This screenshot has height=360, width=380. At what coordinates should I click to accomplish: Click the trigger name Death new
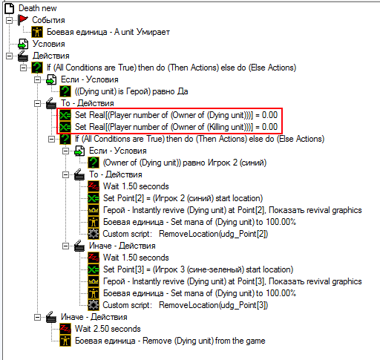(x=38, y=8)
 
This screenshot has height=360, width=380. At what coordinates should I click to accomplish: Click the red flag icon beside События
(x=23, y=20)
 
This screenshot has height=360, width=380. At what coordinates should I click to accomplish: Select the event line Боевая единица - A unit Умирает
(x=108, y=32)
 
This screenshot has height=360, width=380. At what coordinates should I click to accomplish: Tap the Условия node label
(x=49, y=44)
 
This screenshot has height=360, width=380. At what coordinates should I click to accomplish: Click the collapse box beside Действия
(x=9, y=56)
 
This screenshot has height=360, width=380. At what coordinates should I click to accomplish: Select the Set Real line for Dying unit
(x=176, y=115)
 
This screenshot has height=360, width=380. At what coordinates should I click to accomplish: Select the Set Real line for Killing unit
(x=176, y=127)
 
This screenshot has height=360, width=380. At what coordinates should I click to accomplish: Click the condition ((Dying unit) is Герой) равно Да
(x=131, y=91)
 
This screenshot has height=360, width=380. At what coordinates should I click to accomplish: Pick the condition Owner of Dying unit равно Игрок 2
(x=185, y=163)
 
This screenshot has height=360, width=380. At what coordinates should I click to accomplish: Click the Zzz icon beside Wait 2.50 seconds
(x=65, y=329)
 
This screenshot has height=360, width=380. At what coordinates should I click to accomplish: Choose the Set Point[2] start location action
(x=183, y=198)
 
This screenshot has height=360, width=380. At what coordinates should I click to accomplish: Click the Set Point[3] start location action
(x=198, y=269)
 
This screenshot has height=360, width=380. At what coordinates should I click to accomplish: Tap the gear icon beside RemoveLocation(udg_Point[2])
(x=94, y=234)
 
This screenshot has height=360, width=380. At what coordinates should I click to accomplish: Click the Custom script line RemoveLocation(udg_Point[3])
(x=186, y=305)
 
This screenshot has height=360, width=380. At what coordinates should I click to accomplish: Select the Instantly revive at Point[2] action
(x=232, y=210)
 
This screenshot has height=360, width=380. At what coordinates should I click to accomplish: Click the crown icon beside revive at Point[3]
(x=94, y=281)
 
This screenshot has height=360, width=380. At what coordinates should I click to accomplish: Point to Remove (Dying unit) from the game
(x=170, y=341)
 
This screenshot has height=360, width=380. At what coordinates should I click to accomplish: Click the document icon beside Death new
(x=10, y=8)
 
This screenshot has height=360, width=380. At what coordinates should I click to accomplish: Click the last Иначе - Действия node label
(x=94, y=317)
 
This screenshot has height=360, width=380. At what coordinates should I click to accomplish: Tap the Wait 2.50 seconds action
(x=108, y=329)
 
